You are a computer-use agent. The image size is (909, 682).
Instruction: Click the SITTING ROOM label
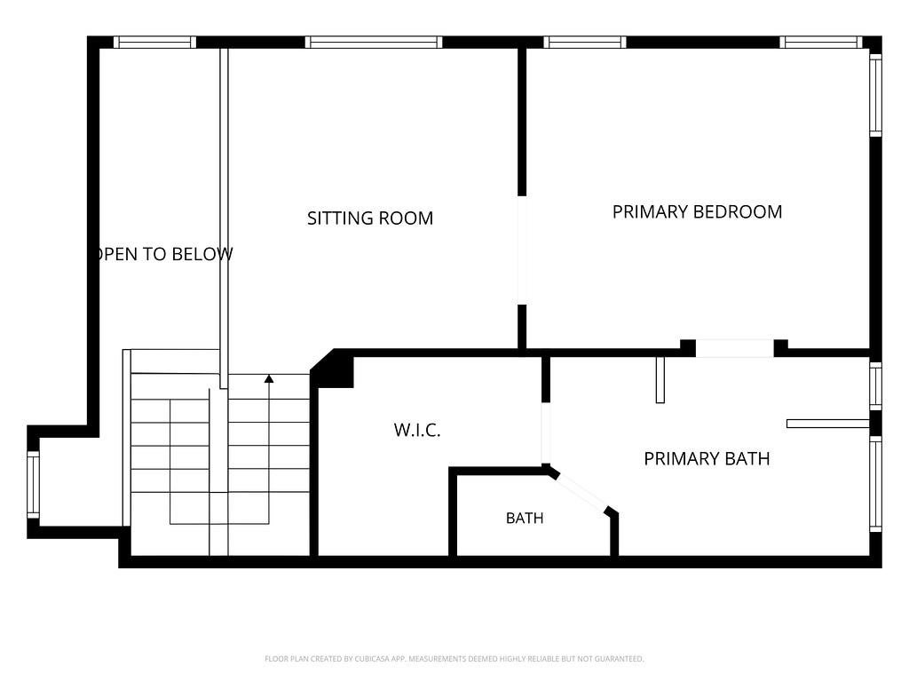370,218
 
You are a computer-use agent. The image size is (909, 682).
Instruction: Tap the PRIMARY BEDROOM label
697,211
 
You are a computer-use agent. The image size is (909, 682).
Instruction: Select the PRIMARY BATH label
707,459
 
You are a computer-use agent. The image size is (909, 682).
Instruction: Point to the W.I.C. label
417,430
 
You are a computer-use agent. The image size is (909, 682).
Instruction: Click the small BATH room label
525,518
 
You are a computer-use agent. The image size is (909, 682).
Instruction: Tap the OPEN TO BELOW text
163,254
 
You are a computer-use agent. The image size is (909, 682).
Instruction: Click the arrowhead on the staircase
269,378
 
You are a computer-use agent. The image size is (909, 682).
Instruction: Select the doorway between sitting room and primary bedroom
522,250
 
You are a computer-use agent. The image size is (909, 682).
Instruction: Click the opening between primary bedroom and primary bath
734,348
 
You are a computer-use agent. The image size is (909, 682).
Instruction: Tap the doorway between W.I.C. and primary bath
546,432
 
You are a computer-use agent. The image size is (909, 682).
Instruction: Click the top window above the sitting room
374,42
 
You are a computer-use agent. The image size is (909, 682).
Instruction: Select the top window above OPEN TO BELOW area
154,42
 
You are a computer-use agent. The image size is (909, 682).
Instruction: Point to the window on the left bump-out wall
33,485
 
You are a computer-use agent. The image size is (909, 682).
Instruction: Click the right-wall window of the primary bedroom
876,96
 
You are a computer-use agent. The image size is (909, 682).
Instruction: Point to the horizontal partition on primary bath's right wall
828,424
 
